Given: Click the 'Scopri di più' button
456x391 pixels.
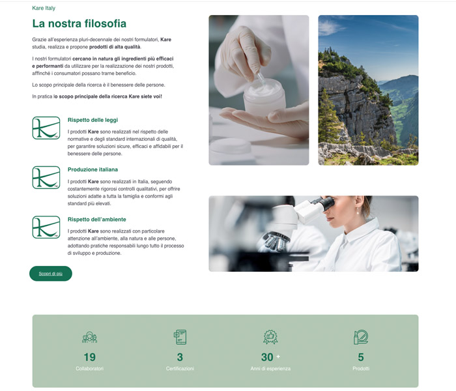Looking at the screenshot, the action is point(51,274).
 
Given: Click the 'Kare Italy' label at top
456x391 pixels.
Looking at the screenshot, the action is point(44,8).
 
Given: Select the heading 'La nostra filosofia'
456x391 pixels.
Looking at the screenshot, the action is point(79,23).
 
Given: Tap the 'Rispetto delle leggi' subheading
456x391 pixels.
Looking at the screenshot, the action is point(93,120).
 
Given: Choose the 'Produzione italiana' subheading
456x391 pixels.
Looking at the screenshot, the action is point(93,169).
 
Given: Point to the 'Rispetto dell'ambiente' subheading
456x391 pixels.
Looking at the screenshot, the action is point(97,220).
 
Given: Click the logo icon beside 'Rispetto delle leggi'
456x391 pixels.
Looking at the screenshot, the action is point(46,128).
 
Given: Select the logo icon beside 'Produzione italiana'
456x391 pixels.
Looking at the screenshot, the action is point(46,177).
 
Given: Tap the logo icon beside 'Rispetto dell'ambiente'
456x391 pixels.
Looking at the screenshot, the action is point(46,227).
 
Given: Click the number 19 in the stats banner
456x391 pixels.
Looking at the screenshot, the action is point(90,357).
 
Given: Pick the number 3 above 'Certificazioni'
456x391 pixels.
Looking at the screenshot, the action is point(180,357).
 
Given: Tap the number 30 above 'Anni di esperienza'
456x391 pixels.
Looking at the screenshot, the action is point(267,357).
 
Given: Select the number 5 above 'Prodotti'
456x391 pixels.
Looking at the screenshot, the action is point(361,357).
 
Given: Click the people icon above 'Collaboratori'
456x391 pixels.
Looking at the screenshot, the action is point(90,337).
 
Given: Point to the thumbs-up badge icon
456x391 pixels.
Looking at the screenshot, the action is point(270,337).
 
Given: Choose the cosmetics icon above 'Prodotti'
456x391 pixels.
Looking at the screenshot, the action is point(361,337).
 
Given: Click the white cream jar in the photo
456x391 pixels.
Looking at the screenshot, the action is point(264,97).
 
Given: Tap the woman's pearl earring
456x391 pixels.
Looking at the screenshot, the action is point(358,212).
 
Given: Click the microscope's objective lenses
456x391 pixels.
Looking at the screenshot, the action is point(275,241).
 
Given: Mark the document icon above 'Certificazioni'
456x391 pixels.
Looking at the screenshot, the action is point(180,337).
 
